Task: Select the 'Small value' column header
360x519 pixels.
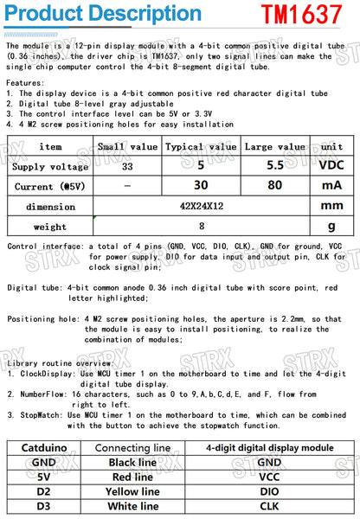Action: point(126,147)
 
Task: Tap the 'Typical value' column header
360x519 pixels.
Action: point(200,147)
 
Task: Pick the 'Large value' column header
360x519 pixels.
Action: point(274,147)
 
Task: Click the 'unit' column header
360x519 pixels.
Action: point(331,147)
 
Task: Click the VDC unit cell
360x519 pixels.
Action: point(331,165)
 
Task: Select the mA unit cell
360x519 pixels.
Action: point(331,185)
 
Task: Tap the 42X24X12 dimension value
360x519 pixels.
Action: point(201,206)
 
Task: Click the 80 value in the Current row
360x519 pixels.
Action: point(274,185)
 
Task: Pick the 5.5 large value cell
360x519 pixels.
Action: point(274,165)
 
